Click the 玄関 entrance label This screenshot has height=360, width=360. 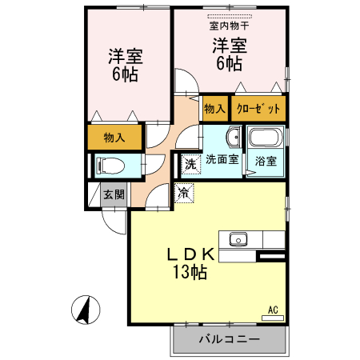click(x=114, y=194)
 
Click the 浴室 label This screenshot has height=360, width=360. click(x=266, y=161)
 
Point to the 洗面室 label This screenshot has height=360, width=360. click(x=222, y=159)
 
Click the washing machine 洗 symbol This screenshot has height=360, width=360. click(x=190, y=164)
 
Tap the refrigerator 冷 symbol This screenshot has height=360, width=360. click(x=184, y=192)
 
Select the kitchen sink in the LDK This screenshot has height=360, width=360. click(x=239, y=238)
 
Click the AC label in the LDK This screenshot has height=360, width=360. click(x=273, y=309)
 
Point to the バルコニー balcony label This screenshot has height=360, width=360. click(x=229, y=339)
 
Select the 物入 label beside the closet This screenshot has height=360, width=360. click(x=214, y=107)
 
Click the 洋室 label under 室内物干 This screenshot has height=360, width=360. click(x=228, y=45)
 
